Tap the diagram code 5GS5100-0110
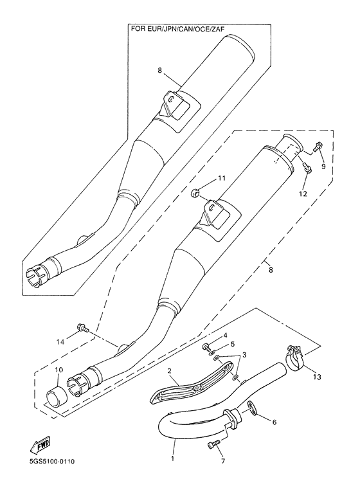coord(38,480)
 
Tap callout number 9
coord(323,166)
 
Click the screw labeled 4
coord(206,347)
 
